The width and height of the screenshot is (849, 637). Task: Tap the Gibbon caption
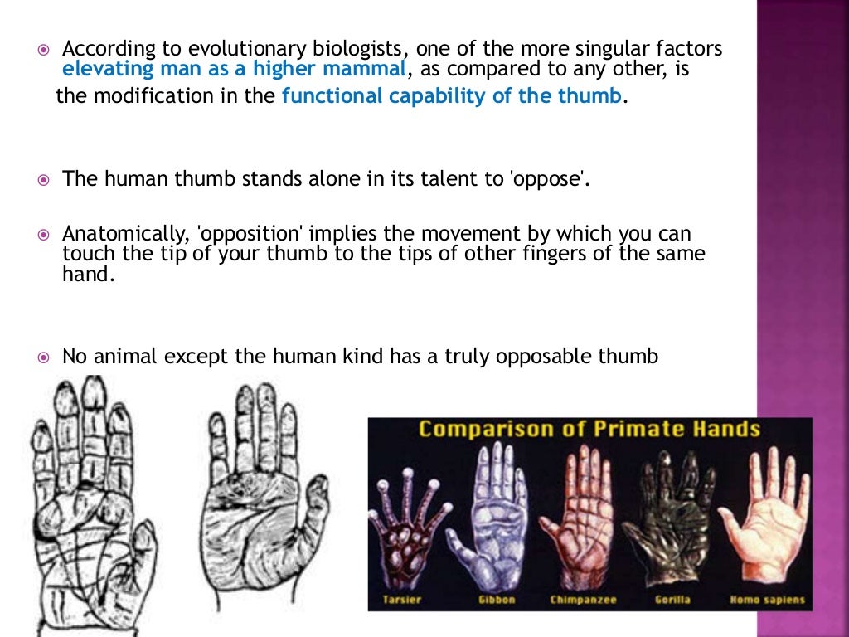pyautogui.click(x=497, y=599)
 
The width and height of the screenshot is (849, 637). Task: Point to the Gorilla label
pyautogui.click(x=672, y=599)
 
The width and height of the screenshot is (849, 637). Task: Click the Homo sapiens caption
pyautogui.click(x=763, y=599)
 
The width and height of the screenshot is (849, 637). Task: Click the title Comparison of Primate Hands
pyautogui.click(x=589, y=429)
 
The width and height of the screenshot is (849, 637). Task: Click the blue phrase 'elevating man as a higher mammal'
pyautogui.click(x=234, y=69)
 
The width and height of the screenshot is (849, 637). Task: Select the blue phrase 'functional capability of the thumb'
pyautogui.click(x=452, y=95)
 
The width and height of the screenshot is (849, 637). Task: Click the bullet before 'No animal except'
pyautogui.click(x=45, y=357)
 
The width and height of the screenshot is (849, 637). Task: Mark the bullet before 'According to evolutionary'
pyautogui.click(x=45, y=50)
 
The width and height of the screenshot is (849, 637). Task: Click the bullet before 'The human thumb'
pyautogui.click(x=45, y=179)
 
